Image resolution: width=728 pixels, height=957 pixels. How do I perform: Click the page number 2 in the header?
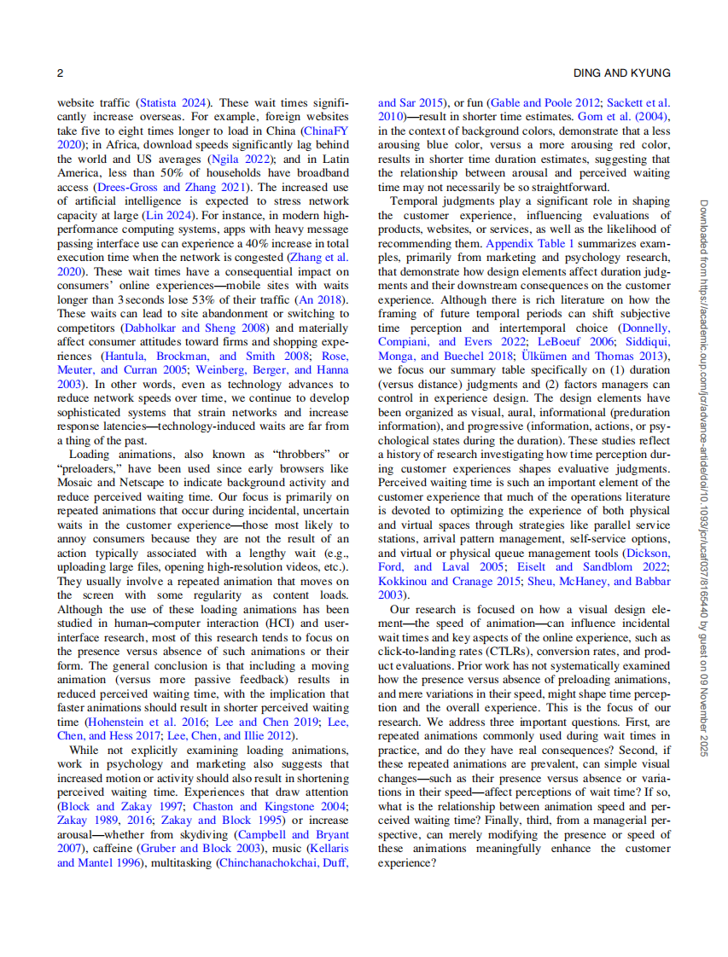pyautogui.click(x=60, y=73)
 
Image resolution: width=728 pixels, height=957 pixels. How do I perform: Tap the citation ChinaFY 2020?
pyautogui.click(x=325, y=131)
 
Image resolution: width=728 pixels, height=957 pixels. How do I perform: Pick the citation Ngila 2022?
pyautogui.click(x=234, y=159)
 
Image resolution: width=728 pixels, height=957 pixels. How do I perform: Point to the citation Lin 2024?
pyautogui.click(x=177, y=217)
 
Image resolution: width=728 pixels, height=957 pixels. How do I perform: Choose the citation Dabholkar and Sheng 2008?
pyautogui.click(x=195, y=328)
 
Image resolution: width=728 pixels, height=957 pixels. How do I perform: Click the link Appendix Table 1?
pyautogui.click(x=530, y=243)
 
